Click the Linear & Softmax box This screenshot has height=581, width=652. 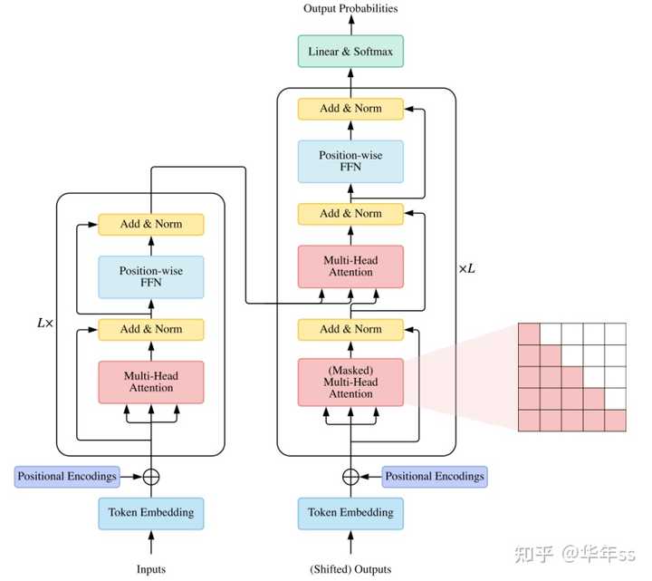click(350, 51)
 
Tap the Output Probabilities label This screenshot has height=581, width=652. click(350, 8)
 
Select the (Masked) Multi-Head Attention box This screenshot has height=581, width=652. click(350, 382)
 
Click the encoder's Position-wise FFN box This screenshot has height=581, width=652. click(151, 276)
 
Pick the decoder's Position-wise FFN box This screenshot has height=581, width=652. click(350, 161)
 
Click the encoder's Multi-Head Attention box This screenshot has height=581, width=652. click(151, 382)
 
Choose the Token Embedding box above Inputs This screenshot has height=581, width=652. click(151, 513)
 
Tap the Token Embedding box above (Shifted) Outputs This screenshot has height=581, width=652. click(350, 513)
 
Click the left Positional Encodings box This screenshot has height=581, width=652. click(67, 477)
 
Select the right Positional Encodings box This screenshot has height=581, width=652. click(435, 477)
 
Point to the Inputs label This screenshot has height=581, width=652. click(151, 569)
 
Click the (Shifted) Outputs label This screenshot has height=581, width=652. click(350, 569)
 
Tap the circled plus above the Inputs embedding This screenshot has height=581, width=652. click(151, 477)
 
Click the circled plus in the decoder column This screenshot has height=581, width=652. click(350, 477)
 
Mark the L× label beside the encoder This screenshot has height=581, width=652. click(45, 323)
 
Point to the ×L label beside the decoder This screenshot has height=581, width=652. click(466, 269)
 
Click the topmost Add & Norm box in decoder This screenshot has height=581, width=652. click(350, 109)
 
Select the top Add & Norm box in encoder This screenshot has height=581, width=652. click(151, 224)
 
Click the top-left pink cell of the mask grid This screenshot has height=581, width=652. click(529, 334)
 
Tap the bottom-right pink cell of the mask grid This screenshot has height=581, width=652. click(616, 421)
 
